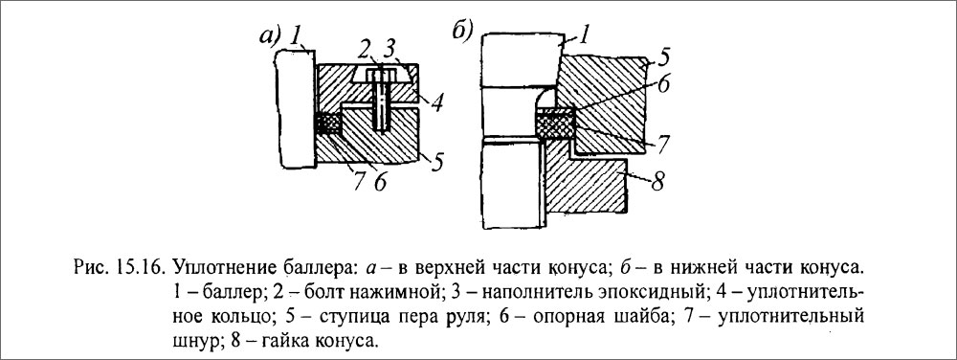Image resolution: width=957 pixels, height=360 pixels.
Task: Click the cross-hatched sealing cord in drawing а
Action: coord(328,124)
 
